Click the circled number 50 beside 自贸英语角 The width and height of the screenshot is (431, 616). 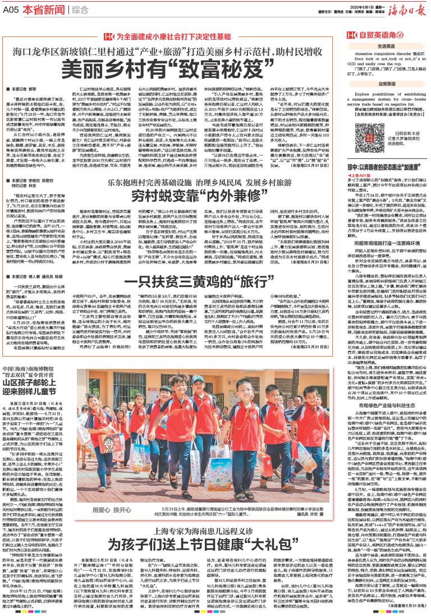399,34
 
